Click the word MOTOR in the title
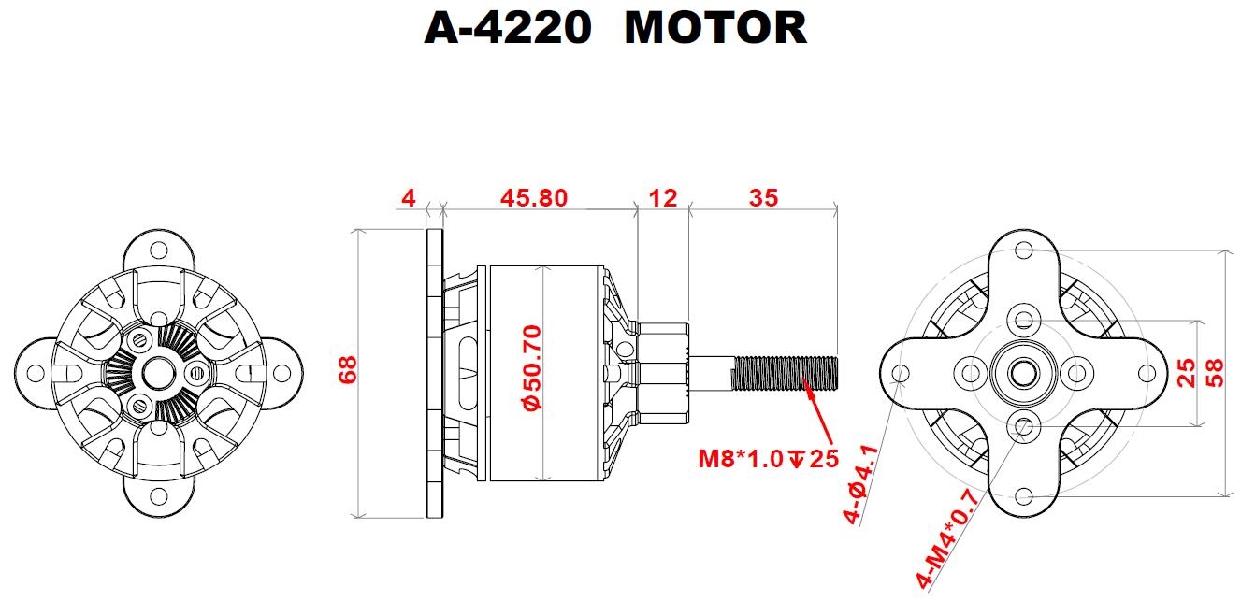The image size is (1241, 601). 714,28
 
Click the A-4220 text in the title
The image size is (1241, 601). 508,28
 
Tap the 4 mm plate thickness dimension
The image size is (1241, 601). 408,198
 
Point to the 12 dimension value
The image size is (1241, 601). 661,198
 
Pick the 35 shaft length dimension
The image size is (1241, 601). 762,198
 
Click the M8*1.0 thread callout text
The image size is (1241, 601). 744,459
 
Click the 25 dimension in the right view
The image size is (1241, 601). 1187,373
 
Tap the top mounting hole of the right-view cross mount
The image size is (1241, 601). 1024,250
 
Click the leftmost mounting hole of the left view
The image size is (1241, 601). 35,373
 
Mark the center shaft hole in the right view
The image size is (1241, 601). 1024,373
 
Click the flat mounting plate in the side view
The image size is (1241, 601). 434,373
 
